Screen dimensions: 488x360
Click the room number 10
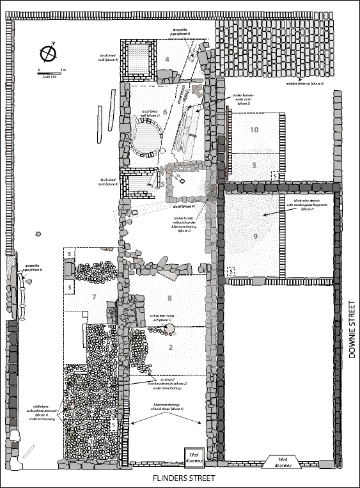[x=254, y=130]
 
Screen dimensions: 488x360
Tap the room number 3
[x=254, y=166]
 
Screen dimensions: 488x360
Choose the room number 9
[x=255, y=237]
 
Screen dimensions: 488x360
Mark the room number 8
[x=169, y=298]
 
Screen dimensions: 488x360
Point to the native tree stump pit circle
[x=170, y=328]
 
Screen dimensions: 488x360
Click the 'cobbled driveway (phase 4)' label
[x=305, y=83]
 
